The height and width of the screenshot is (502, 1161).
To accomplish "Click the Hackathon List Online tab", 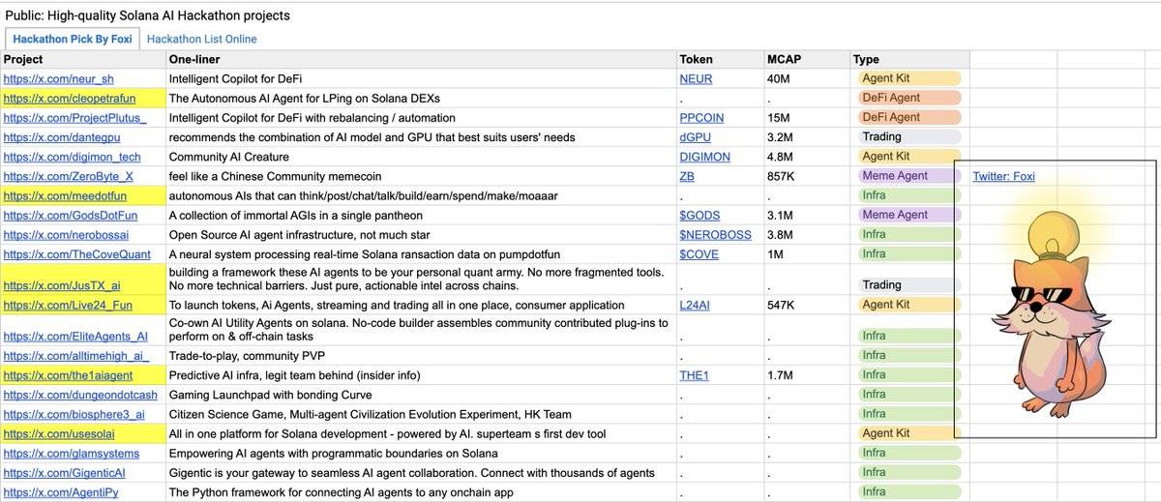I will (x=201, y=39).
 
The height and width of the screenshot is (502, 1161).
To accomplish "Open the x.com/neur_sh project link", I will (x=59, y=78).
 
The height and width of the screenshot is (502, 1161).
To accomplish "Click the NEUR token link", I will (x=696, y=78).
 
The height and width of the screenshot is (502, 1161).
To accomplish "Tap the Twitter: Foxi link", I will (x=1003, y=176).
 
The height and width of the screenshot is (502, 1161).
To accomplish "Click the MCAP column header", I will (x=784, y=59).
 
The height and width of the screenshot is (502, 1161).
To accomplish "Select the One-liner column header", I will (x=194, y=59).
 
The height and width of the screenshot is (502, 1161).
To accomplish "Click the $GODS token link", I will (x=700, y=215).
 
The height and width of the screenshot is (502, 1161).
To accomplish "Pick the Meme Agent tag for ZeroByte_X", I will (x=895, y=176).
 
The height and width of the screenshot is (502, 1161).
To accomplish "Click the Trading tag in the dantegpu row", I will (x=881, y=137).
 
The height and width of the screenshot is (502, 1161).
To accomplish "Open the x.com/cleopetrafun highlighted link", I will (x=70, y=98).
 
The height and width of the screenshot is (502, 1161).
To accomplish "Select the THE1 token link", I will (x=694, y=375).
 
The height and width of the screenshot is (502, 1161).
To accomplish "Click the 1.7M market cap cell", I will (x=780, y=375).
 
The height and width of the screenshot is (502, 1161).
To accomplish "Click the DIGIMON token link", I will (x=704, y=157).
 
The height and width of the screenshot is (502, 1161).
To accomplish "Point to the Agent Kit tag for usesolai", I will (x=886, y=433).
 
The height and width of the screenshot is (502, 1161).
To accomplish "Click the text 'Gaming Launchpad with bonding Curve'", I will (x=270, y=395).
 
